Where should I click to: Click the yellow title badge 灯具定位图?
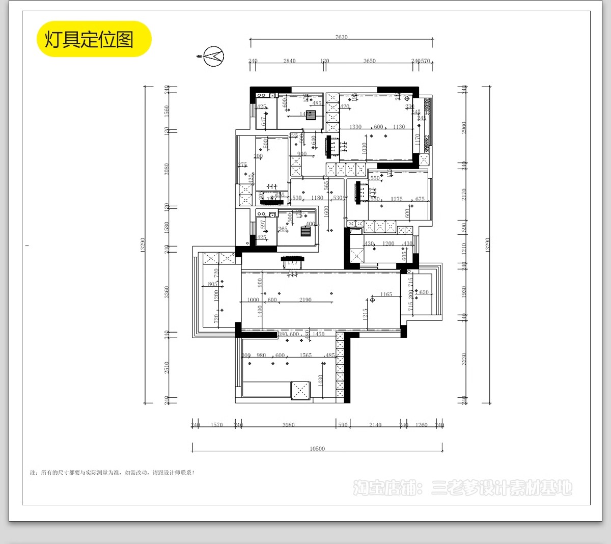(94, 39)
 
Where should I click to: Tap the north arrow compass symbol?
(213, 56)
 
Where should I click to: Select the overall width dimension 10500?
(317, 449)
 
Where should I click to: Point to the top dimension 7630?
(341, 37)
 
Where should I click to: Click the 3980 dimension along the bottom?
(288, 425)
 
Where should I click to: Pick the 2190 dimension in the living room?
(305, 300)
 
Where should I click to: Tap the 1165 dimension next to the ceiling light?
(386, 294)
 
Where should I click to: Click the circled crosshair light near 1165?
(373, 300)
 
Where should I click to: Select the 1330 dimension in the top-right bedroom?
(355, 127)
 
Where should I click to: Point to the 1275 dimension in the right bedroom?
(396, 199)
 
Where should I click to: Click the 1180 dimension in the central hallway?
(317, 198)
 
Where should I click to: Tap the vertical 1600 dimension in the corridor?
(326, 211)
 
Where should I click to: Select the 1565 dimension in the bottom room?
(305, 355)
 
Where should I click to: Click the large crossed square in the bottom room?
(300, 391)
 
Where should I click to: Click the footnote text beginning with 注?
(112, 473)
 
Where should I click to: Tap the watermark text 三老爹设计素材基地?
(502, 488)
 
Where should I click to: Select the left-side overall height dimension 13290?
(143, 244)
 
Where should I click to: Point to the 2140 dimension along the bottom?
(375, 425)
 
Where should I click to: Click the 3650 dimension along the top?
(369, 61)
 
